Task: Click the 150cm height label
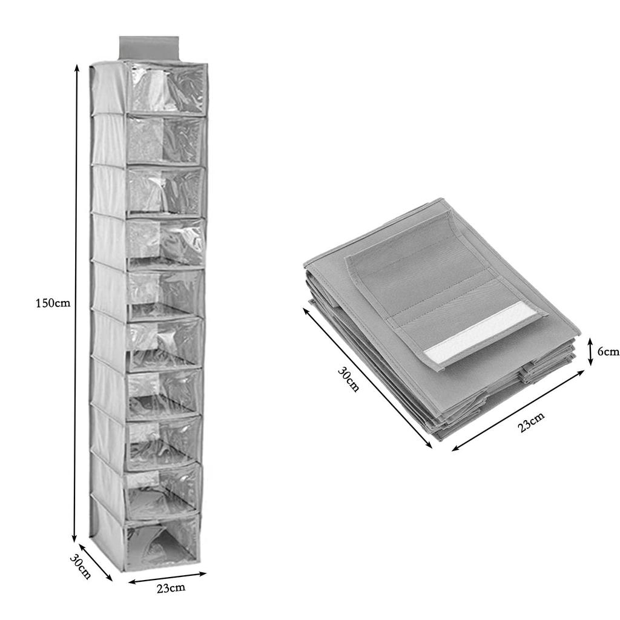53,303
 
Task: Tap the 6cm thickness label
608,351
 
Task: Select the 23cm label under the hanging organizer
171,587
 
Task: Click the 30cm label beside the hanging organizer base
81,567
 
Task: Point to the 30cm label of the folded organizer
348,379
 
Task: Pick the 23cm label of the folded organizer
531,422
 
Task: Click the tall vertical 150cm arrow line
76,303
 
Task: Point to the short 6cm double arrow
590,352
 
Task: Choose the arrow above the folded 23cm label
518,410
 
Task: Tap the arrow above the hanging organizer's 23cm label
168,578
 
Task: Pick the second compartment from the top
165,139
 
